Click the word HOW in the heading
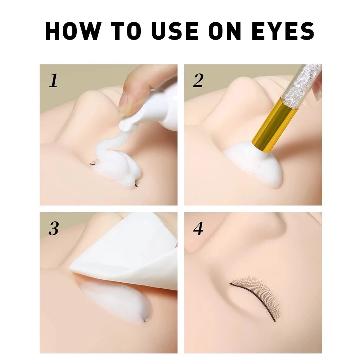pos(73,31)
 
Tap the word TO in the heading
pos(126,31)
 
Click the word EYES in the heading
pos(283,31)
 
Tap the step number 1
pos(53,80)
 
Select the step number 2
pos(198,80)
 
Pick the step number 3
pos(54,229)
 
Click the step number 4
pos(198,229)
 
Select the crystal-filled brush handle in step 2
pos(301,85)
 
